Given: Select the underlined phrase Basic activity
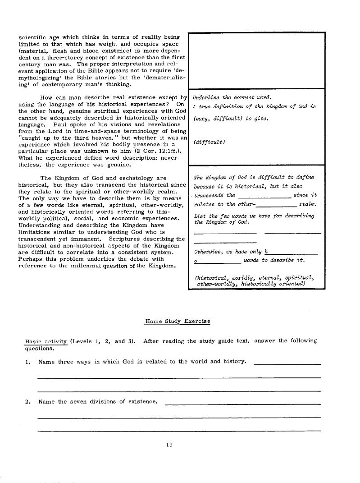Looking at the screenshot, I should click(46, 341).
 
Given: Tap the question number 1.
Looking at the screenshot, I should click(27, 362).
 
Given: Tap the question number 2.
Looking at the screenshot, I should click(27, 401).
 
